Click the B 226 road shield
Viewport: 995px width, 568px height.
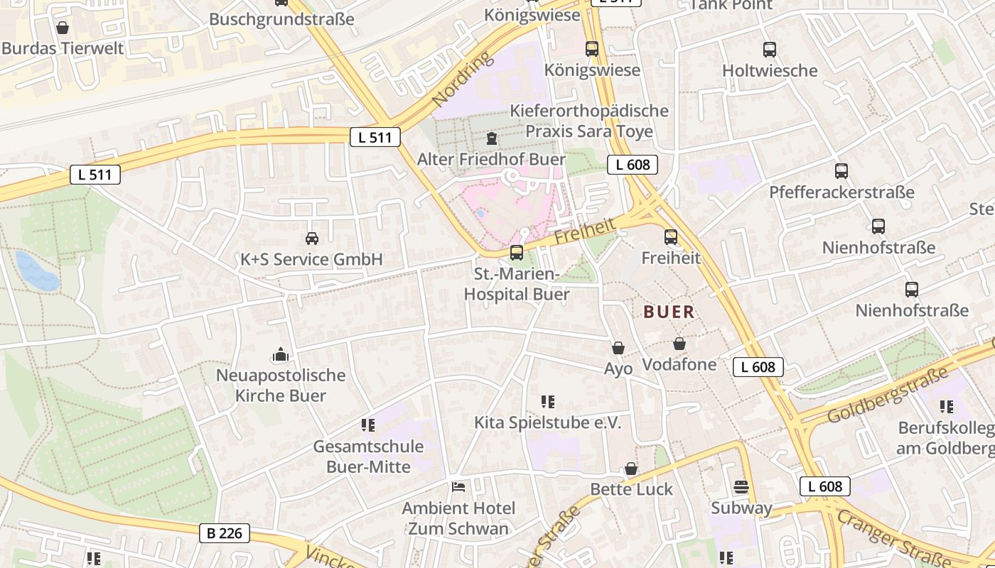click(x=224, y=532)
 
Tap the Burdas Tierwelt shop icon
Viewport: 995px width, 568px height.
click(x=63, y=28)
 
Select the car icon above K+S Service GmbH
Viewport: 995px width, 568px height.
click(x=311, y=239)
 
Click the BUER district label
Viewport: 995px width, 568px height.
click(x=669, y=312)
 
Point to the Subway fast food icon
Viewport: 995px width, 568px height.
click(x=741, y=488)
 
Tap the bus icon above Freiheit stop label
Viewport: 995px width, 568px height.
click(x=671, y=237)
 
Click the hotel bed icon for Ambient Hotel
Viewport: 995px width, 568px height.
click(x=458, y=487)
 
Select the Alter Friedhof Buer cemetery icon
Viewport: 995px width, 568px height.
click(x=492, y=138)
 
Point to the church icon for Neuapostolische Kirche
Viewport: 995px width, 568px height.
click(x=281, y=354)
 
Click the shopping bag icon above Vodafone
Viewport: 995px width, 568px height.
click(x=679, y=344)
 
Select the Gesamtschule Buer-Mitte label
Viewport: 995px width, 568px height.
click(x=368, y=457)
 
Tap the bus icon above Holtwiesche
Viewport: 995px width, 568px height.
click(x=770, y=50)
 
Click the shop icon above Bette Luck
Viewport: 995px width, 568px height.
click(x=630, y=469)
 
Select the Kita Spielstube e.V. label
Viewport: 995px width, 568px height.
click(x=547, y=423)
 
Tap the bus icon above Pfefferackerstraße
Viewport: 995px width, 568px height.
click(x=841, y=171)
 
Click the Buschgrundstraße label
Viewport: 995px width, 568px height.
click(x=281, y=19)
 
